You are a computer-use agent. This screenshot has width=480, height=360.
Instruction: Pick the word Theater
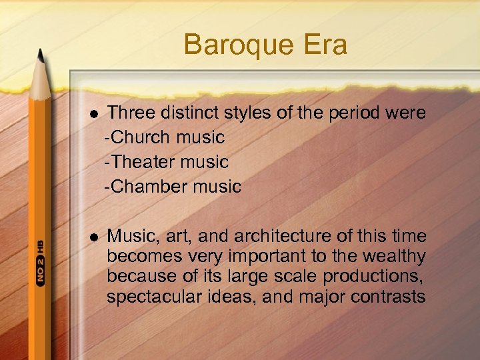[x=147, y=162]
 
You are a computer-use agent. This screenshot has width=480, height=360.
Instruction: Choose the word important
[x=267, y=257]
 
